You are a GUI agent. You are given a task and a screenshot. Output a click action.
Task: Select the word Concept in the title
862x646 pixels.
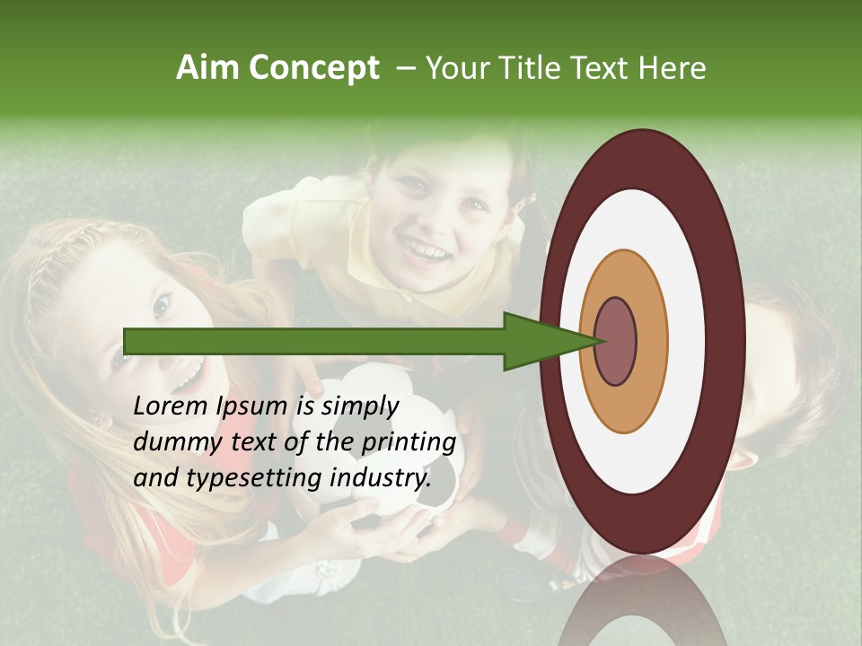tap(314, 69)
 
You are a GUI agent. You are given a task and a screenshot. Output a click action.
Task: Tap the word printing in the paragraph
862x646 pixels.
tap(408, 442)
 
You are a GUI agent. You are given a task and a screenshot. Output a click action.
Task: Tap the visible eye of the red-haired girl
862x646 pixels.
tap(162, 307)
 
